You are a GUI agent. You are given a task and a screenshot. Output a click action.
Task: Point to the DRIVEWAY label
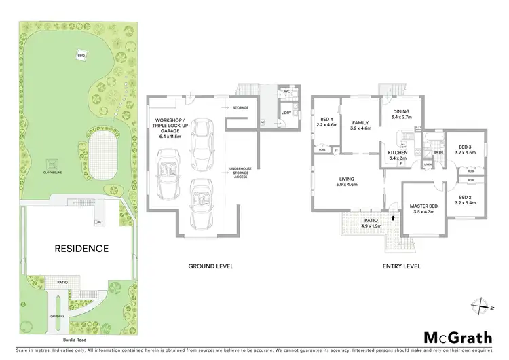(57, 317)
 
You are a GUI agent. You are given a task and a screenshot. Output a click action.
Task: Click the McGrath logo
(458, 338)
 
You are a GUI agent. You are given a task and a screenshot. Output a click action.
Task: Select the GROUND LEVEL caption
(207, 266)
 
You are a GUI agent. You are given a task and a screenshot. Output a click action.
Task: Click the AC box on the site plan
(99, 221)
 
